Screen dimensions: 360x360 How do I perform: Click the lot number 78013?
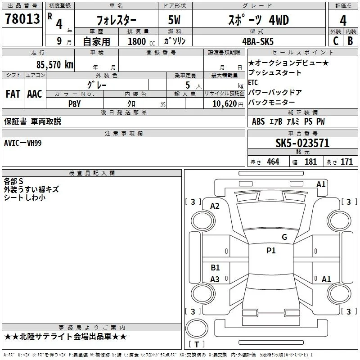click(x=22, y=19)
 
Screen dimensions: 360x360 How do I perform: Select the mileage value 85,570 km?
click(x=55, y=64)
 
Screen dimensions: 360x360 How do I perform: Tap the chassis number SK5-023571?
click(x=302, y=143)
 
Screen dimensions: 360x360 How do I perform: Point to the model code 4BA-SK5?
click(x=258, y=41)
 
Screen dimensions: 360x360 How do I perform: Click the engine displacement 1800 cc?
click(x=141, y=41)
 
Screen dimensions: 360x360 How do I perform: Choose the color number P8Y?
click(x=74, y=104)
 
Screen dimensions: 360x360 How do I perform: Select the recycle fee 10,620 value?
click(x=225, y=104)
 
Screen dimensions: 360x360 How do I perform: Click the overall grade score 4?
click(x=343, y=20)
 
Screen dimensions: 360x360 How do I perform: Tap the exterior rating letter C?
click(x=336, y=41)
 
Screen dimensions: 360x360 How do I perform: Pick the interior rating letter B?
click(x=350, y=41)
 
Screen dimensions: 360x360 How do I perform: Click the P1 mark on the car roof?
click(x=271, y=250)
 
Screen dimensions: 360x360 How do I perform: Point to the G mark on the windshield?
click(x=284, y=237)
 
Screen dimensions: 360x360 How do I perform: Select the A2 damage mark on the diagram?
click(x=215, y=206)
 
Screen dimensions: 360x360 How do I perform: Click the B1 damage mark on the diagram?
click(x=215, y=267)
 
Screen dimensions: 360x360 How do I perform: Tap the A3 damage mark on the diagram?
click(x=215, y=279)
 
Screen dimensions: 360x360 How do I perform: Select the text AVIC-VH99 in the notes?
click(x=23, y=143)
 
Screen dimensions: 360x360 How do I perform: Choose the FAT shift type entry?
click(x=13, y=94)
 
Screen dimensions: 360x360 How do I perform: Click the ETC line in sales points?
click(x=253, y=82)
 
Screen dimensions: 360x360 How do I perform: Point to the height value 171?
click(x=346, y=162)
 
